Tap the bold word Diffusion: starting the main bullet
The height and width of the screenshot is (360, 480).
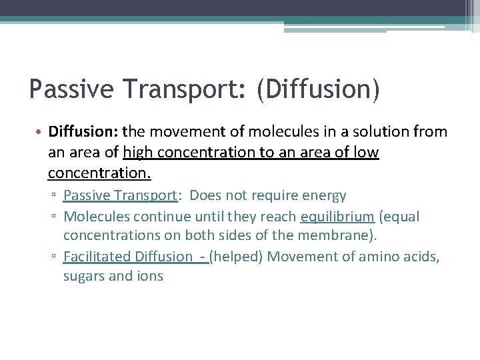click(x=80, y=131)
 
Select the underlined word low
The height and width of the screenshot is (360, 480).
click(x=365, y=153)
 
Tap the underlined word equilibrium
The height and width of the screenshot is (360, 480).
click(x=337, y=217)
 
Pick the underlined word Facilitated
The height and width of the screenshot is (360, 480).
click(x=97, y=257)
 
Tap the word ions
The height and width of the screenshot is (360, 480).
click(x=149, y=275)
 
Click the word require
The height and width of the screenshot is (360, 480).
click(x=267, y=195)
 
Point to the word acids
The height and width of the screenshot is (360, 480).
click(x=419, y=257)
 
